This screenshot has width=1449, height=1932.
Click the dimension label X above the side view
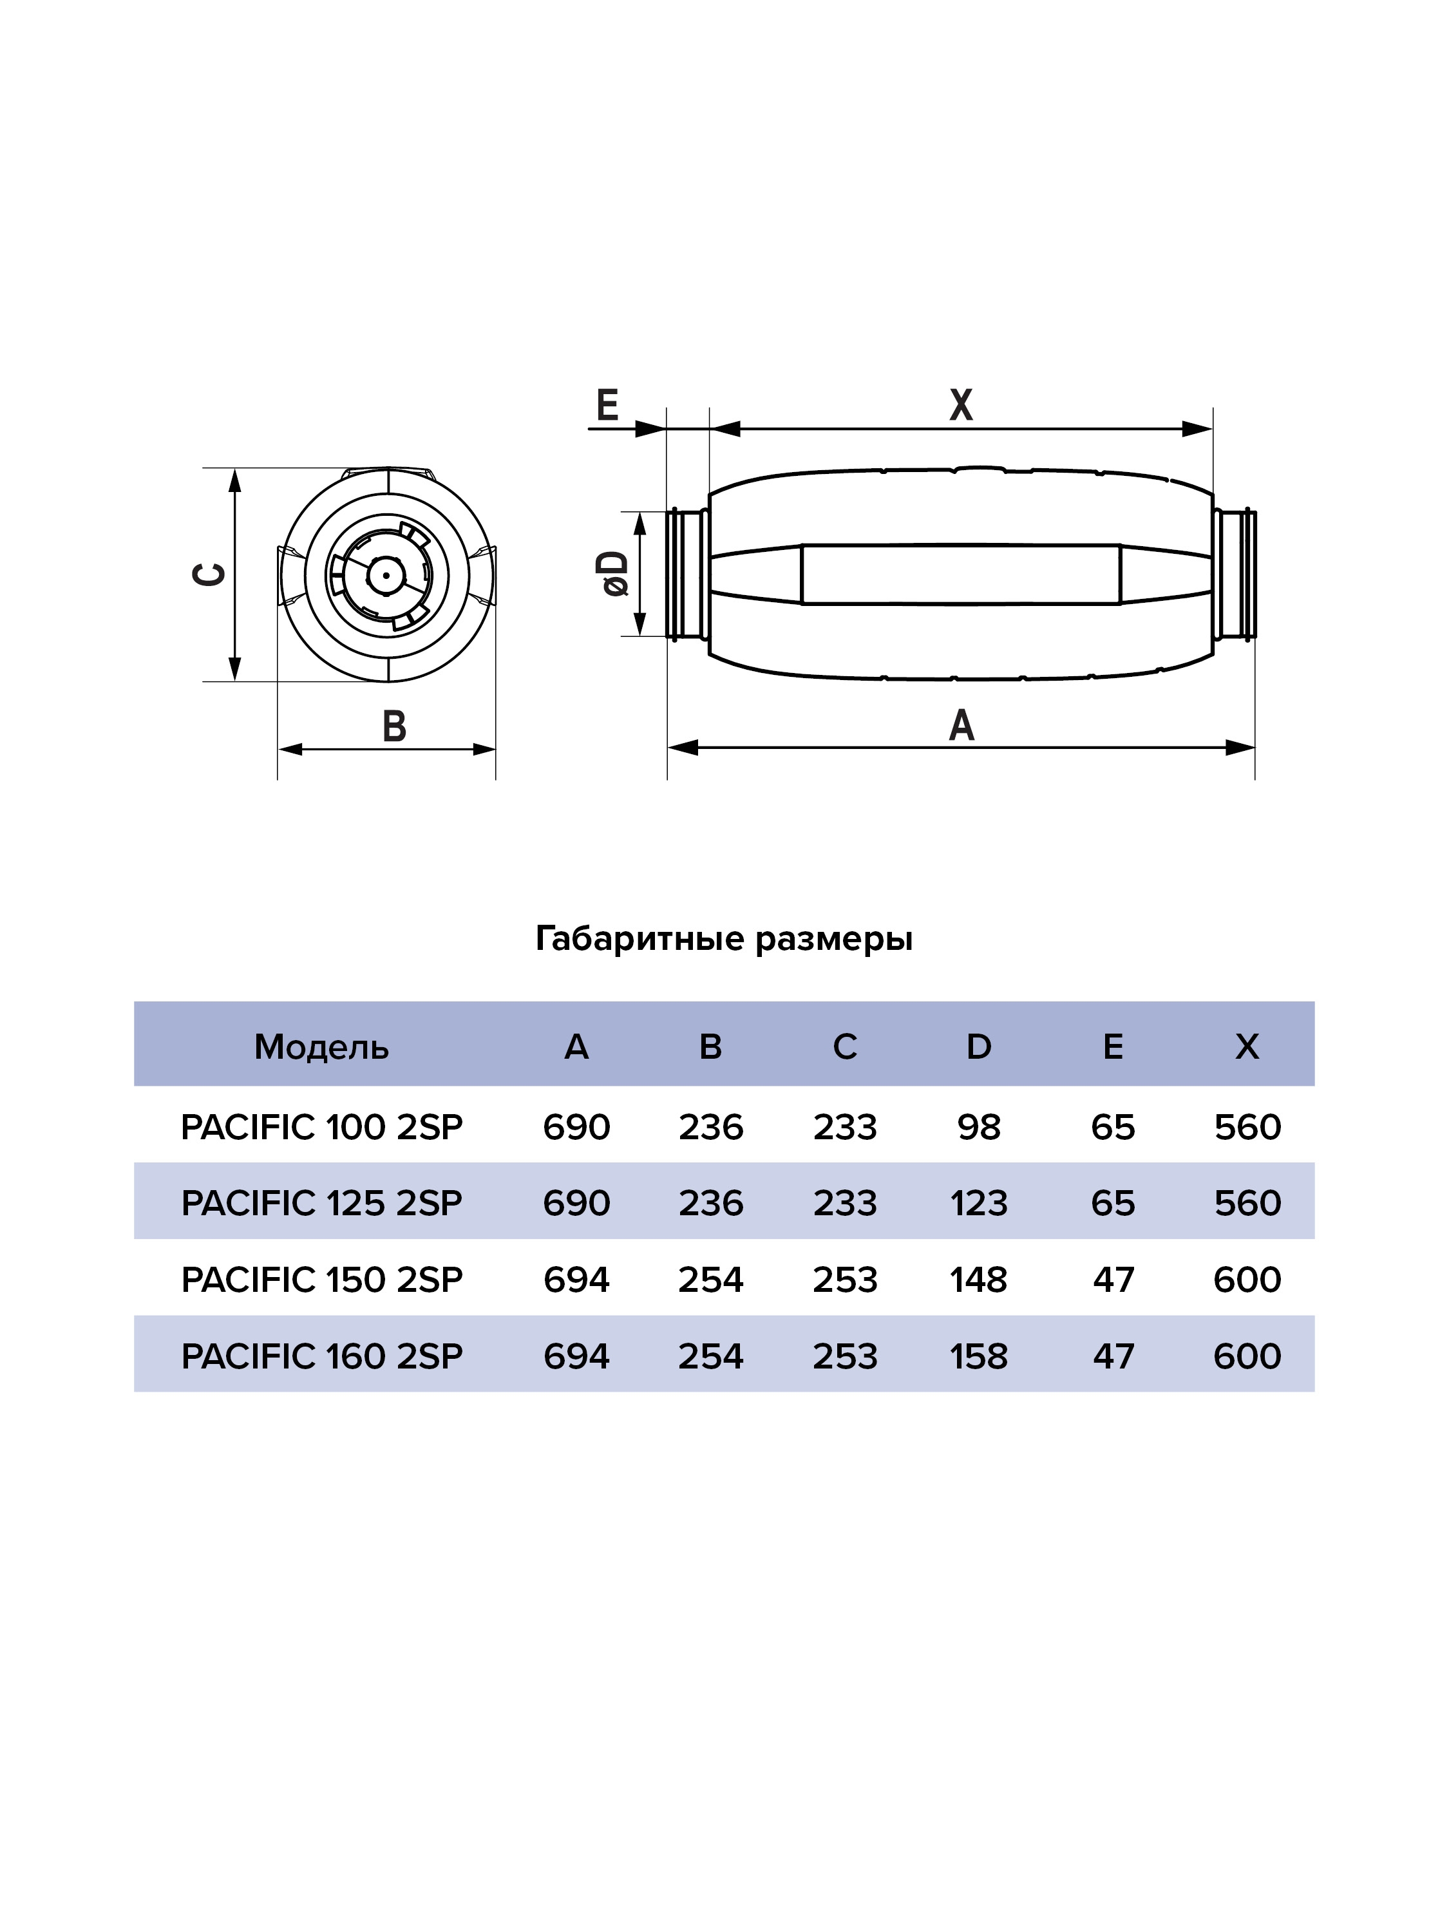[x=961, y=404]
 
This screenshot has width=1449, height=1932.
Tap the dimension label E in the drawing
[x=607, y=404]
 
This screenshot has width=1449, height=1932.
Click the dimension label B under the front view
[x=395, y=726]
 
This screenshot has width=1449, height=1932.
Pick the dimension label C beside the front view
[x=209, y=574]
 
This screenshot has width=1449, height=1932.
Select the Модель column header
[x=321, y=1046]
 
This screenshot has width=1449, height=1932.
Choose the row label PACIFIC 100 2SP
[x=321, y=1128]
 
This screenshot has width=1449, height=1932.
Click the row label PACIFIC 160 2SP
[x=321, y=1356]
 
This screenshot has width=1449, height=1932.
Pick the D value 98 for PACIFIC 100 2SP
[x=979, y=1128]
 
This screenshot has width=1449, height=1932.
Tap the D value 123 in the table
[x=979, y=1204]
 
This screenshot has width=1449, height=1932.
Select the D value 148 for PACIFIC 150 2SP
[x=979, y=1280]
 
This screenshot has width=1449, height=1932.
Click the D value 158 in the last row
[x=979, y=1356]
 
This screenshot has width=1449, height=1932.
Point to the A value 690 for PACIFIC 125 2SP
[x=576, y=1204]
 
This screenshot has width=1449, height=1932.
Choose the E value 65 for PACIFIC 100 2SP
[x=1113, y=1128]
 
